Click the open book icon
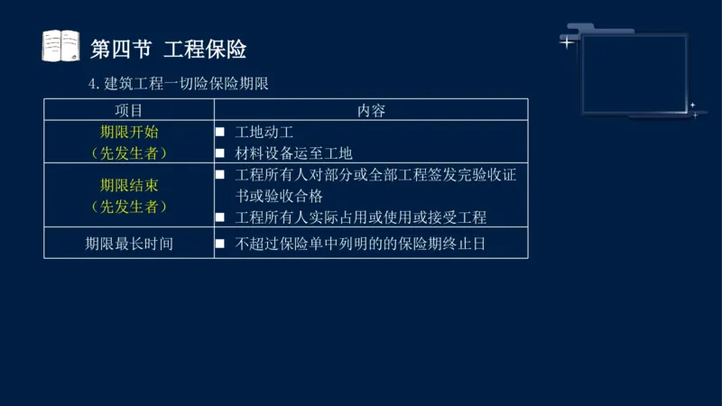click(x=60, y=46)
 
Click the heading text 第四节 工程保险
click(x=169, y=49)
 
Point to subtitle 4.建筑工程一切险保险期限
click(x=180, y=84)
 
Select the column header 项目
click(x=129, y=110)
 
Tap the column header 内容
click(x=371, y=110)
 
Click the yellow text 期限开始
click(x=129, y=132)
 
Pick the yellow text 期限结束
click(x=129, y=186)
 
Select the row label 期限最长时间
click(x=129, y=244)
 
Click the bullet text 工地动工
click(x=264, y=133)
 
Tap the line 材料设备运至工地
click(x=293, y=153)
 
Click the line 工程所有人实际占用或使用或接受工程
click(x=360, y=217)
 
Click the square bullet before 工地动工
click(x=219, y=133)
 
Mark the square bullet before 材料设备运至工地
click(x=219, y=153)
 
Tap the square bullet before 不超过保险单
click(x=219, y=244)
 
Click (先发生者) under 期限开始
click(x=129, y=153)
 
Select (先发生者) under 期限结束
click(x=129, y=207)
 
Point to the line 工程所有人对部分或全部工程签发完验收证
click(x=375, y=175)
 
